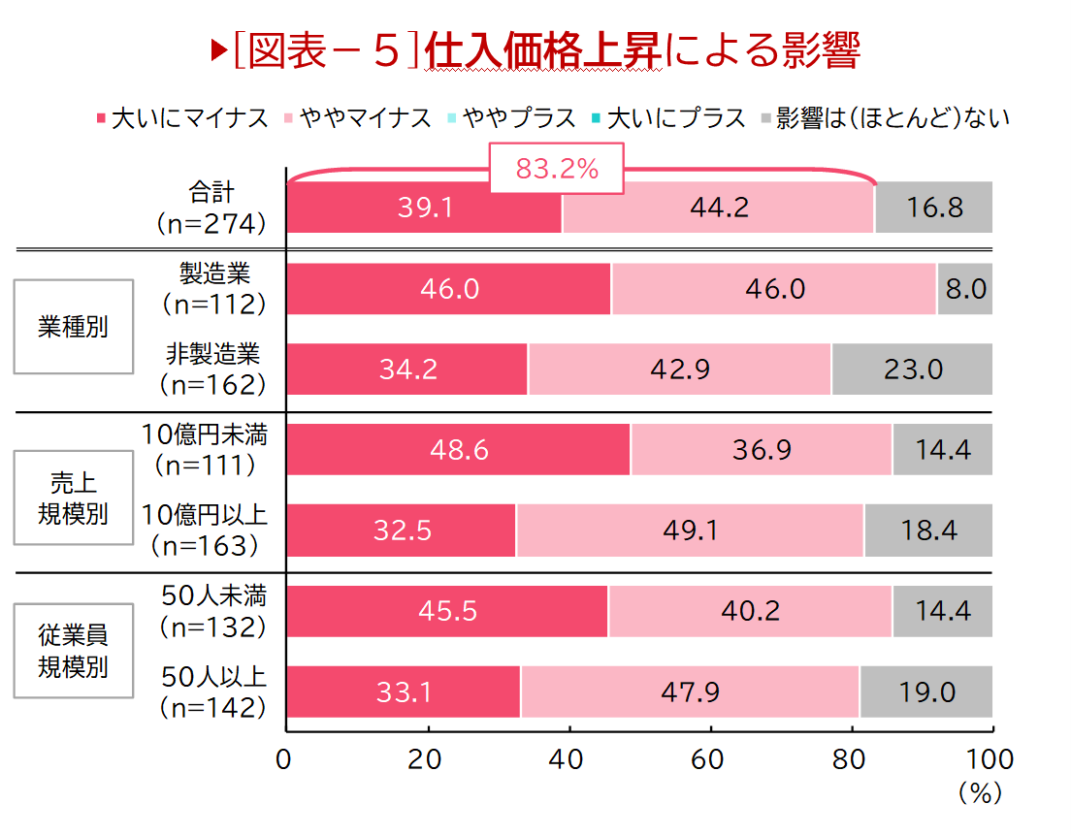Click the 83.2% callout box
coord(556,170)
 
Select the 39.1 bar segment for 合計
coord(424,208)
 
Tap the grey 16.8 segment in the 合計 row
coord(933,208)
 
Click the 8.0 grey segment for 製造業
coord(965,289)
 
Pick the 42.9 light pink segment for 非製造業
coord(679,370)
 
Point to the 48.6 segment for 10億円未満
coord(458,450)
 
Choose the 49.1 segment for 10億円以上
coord(690,531)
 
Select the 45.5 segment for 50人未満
coord(447,612)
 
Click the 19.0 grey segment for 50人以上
coord(925,692)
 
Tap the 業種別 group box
coord(73,327)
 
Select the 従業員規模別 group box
coord(73,651)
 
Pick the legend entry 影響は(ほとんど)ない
coord(885,118)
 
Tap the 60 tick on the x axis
coord(710,759)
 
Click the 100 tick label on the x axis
coord(990,759)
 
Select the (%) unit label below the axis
coord(979,793)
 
